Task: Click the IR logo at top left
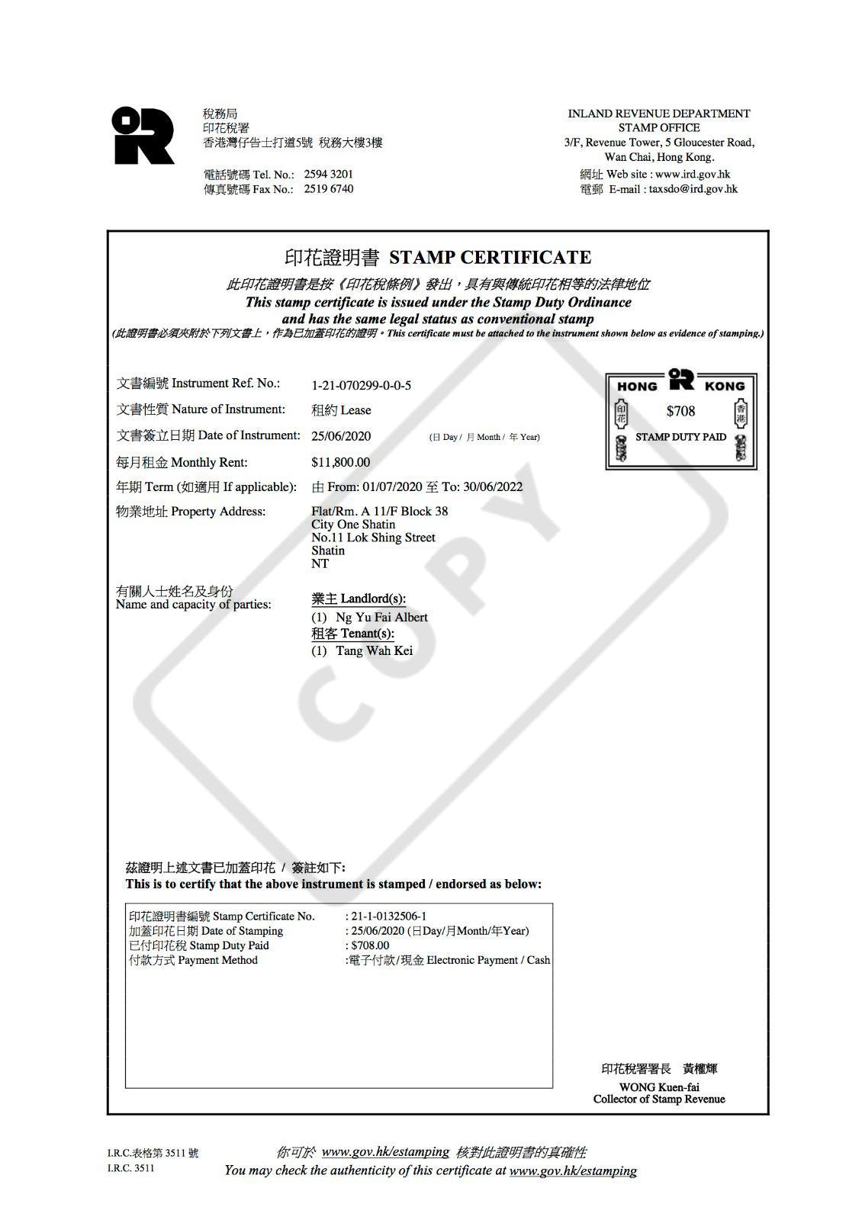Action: click(x=143, y=136)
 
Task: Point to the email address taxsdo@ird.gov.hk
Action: click(x=693, y=189)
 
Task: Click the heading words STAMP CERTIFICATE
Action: click(x=490, y=258)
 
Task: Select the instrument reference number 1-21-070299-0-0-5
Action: click(x=361, y=386)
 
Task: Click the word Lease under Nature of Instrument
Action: click(x=355, y=410)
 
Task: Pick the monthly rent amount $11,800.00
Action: click(x=340, y=463)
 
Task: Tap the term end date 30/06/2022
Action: click(x=493, y=487)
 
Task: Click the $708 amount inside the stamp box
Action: click(x=680, y=412)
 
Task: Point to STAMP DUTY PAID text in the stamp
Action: click(x=680, y=438)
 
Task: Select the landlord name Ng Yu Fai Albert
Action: click(x=381, y=618)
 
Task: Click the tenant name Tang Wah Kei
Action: click(x=374, y=651)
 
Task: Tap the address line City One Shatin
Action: click(x=353, y=525)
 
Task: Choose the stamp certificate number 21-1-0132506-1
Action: click(x=388, y=917)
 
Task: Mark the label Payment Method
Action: click(x=217, y=960)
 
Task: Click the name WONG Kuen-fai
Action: click(x=659, y=1087)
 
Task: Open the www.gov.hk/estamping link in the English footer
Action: click(x=572, y=1170)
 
